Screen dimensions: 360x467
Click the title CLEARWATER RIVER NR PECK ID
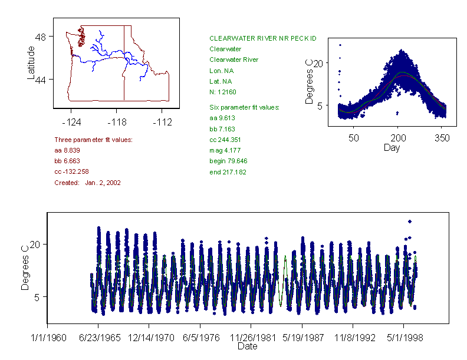click(x=263, y=38)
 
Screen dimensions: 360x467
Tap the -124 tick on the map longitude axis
click(x=71, y=123)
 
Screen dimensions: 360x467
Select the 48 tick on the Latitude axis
click(x=41, y=37)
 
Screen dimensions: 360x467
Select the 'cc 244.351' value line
click(x=226, y=140)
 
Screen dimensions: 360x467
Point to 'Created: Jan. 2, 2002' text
click(x=87, y=183)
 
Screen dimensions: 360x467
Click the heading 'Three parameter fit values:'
click(x=93, y=140)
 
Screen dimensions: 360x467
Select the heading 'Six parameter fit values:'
click(x=245, y=107)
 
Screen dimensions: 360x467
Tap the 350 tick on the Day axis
click(x=442, y=138)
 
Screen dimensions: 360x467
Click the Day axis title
click(x=392, y=147)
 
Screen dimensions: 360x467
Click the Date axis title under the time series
click(x=247, y=346)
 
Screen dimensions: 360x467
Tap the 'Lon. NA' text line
click(x=222, y=70)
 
